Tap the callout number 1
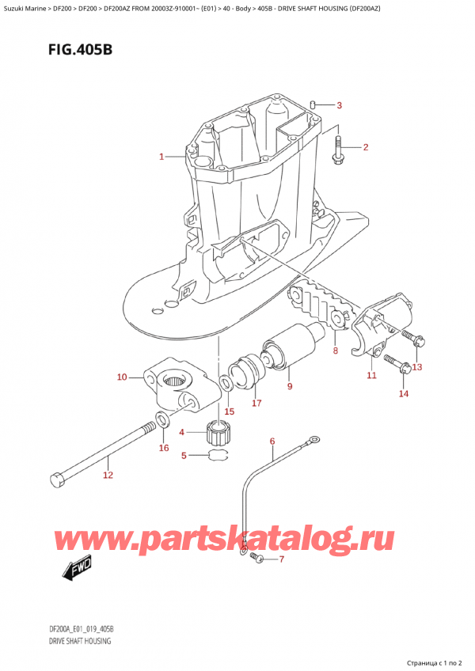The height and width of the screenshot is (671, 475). coord(161,157)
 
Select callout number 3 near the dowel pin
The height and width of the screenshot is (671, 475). coord(339,105)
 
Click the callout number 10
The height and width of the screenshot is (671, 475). coord(122,377)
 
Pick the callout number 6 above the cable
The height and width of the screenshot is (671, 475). coord(272,441)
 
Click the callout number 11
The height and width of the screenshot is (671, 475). coord(371,375)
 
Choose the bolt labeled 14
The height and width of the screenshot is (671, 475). coord(397,365)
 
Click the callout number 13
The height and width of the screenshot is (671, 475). coord(417,366)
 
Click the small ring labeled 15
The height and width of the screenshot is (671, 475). coord(226,384)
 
